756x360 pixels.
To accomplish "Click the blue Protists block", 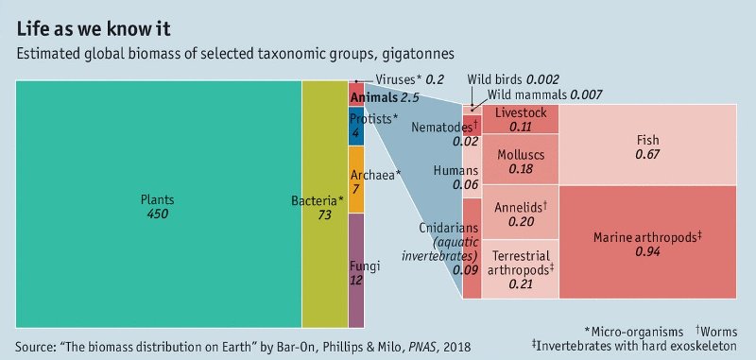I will click(356, 125).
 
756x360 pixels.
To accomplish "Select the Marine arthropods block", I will click(647, 242).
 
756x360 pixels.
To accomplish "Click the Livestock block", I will click(520, 119).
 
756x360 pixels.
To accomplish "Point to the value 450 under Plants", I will click(157, 214).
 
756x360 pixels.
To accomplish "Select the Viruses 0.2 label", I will click(409, 79).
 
